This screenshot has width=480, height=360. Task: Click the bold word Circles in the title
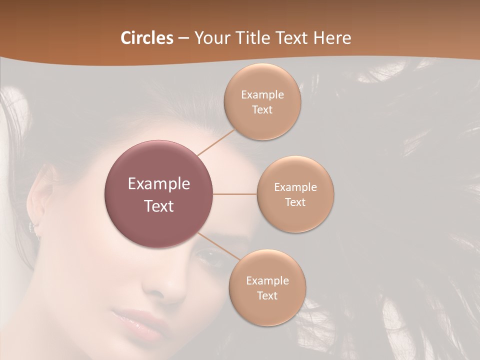click(146, 38)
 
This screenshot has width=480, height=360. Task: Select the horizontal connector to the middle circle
click(235, 194)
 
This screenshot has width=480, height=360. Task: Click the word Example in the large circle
click(159, 184)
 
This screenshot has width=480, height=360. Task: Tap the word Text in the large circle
click(159, 206)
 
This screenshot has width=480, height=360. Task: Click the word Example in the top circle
click(262, 94)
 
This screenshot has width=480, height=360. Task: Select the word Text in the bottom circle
click(267, 295)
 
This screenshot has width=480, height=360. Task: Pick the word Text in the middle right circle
click(295, 202)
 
